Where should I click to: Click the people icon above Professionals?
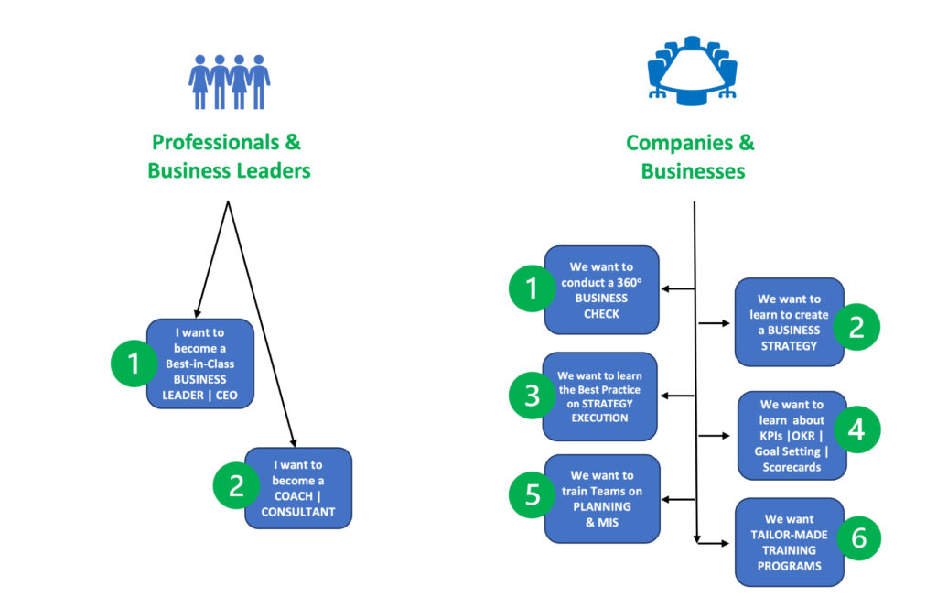coord(229,82)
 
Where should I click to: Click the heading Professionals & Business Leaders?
coord(228,157)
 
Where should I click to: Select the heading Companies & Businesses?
coord(691,157)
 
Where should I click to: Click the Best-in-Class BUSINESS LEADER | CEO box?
coord(199,364)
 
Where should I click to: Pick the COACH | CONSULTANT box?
coord(298,488)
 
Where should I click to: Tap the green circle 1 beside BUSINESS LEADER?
coord(135,364)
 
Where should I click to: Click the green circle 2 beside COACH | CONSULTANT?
coord(237,484)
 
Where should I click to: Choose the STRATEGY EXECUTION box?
coord(600,396)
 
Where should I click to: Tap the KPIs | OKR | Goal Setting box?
coord(792,436)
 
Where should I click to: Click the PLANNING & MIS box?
coord(602,498)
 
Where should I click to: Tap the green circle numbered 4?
coord(856,429)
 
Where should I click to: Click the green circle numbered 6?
coord(858,538)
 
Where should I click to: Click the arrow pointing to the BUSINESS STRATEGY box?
coord(715,323)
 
